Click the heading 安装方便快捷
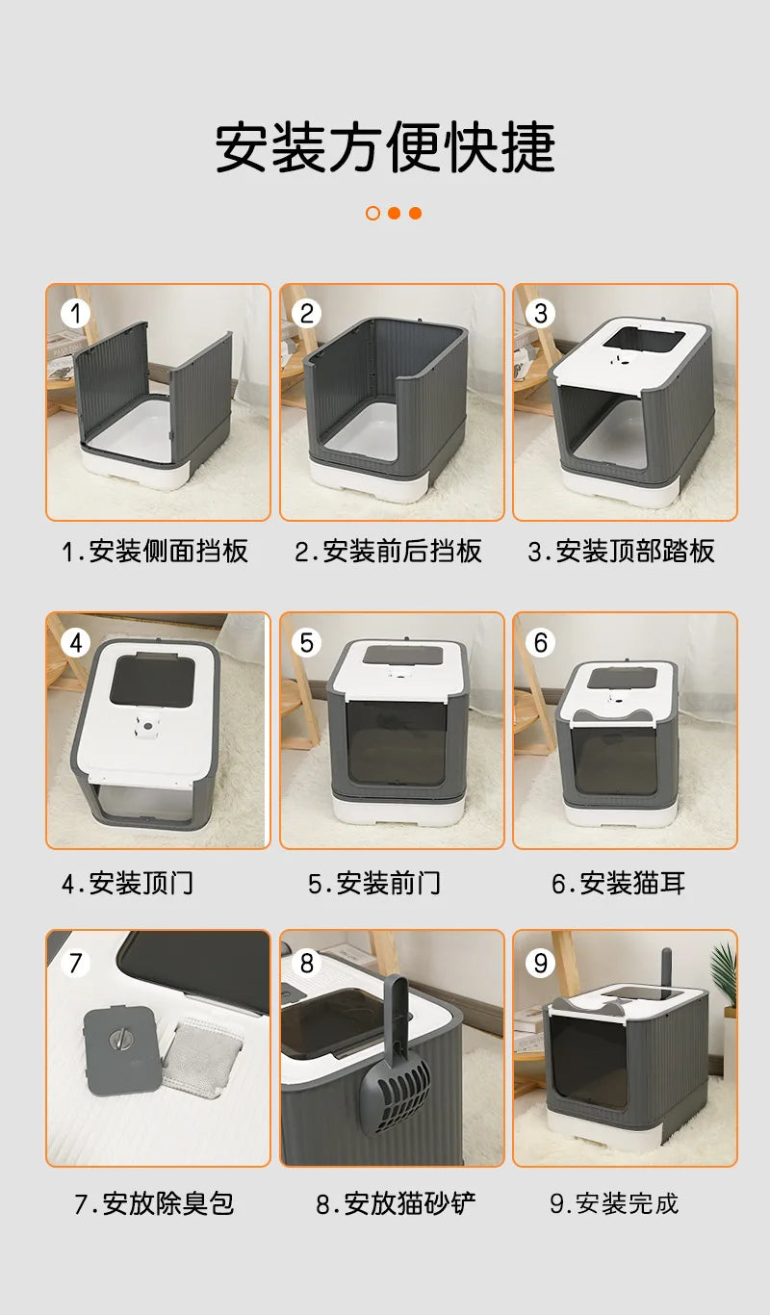[x=385, y=147]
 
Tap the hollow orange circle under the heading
[x=372, y=213]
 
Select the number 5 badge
[x=307, y=642]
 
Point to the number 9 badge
[x=540, y=962]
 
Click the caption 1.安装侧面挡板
[x=156, y=552]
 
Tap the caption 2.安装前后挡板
[x=389, y=552]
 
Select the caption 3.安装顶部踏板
[x=622, y=552]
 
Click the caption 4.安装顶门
[x=128, y=883]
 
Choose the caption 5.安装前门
[x=374, y=883]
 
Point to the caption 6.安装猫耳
[x=619, y=883]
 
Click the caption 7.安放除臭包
[x=155, y=1203]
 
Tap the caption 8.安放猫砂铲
[x=397, y=1203]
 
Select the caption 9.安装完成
[x=614, y=1203]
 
